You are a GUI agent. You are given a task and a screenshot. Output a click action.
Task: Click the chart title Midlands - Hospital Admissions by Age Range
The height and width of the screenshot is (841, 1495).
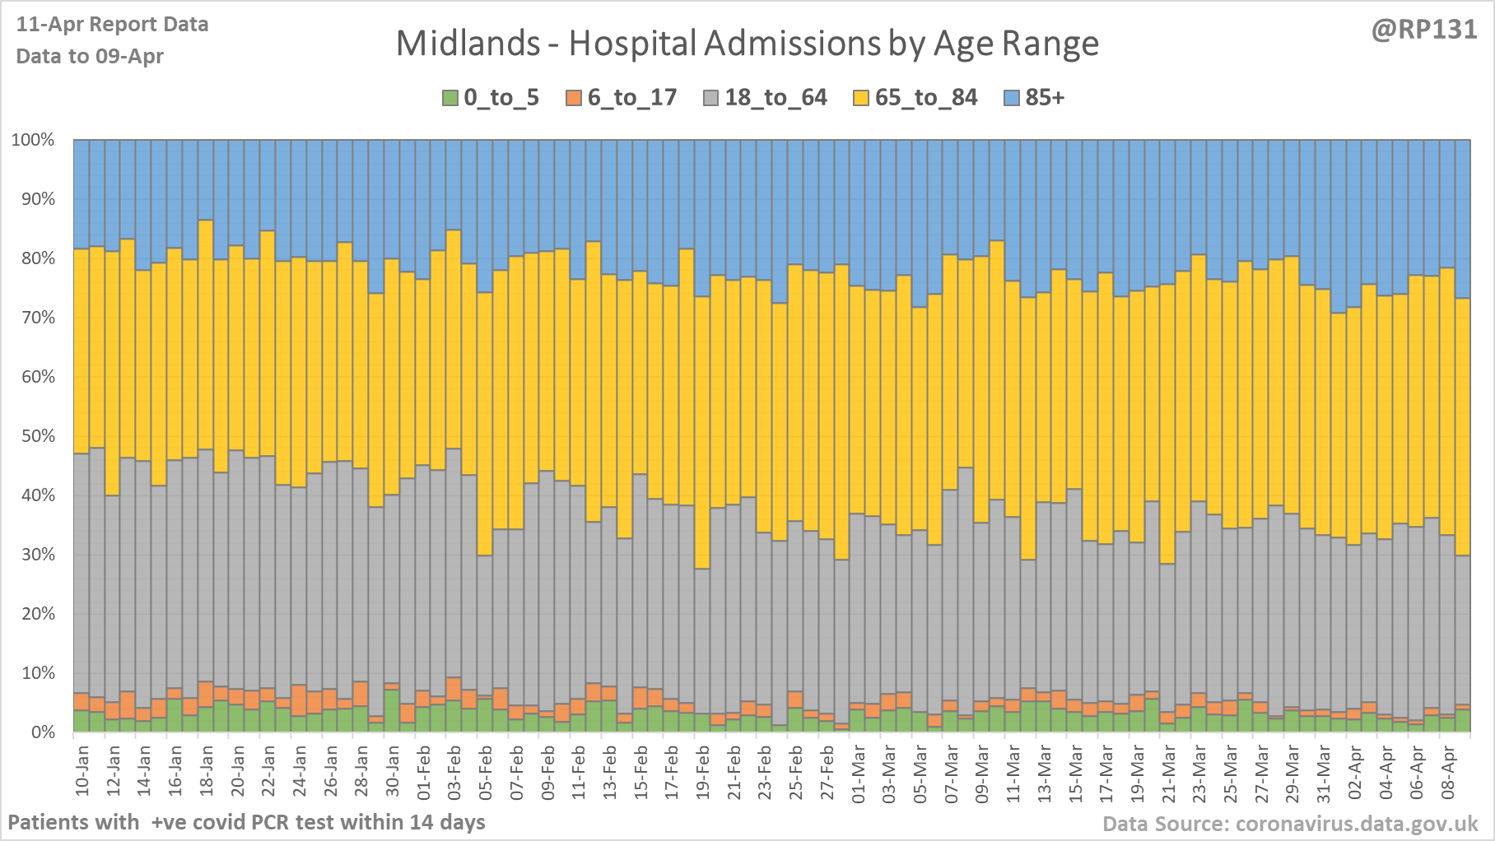coord(747,44)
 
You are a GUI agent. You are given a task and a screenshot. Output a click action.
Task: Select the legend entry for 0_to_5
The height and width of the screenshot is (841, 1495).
coord(491,98)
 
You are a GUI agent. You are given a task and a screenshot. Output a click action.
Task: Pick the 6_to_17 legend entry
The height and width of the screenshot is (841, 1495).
coord(622,98)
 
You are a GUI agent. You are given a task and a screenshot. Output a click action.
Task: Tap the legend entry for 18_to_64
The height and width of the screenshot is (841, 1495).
coord(765,98)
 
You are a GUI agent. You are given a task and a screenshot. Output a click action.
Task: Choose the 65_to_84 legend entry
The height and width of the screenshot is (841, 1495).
coord(915,98)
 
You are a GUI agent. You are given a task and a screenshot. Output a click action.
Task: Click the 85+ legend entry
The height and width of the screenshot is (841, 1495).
coord(1035,98)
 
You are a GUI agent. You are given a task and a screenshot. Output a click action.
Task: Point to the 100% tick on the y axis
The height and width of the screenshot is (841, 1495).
coord(33,140)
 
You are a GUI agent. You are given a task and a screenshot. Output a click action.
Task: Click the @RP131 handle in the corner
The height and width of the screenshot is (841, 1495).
coord(1423,30)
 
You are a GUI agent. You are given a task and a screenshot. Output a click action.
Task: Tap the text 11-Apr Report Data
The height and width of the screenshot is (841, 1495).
coord(112,25)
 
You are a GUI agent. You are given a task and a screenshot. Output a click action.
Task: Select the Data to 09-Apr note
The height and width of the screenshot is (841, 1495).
coord(90,57)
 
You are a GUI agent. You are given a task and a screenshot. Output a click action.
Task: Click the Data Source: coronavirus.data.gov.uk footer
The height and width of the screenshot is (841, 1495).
coord(1290,824)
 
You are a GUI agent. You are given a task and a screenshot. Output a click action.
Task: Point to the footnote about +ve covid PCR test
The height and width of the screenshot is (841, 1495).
coord(246,822)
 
